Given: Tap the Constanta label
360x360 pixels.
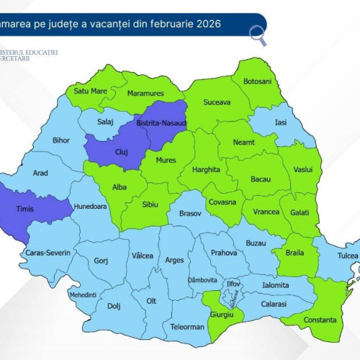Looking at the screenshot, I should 319,319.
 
